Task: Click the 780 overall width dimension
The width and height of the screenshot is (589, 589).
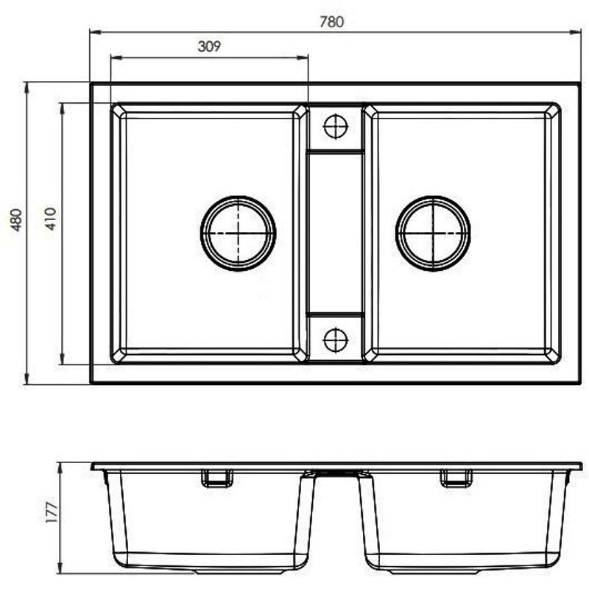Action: pos(332,22)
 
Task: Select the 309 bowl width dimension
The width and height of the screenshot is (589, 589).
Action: pos(209,46)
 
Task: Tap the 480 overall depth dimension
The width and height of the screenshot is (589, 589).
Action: pos(16,219)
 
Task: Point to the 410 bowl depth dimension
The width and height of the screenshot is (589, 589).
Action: pos(50,218)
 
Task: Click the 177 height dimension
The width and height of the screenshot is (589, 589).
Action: pos(51,512)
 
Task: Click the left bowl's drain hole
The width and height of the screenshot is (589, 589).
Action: pos(238,233)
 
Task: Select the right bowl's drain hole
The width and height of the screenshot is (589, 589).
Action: pos(433,233)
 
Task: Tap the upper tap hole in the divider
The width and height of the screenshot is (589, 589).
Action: pos(336,127)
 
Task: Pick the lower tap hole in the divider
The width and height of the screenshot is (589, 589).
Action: pos(336,339)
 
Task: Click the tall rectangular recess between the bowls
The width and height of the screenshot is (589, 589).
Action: pos(336,233)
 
